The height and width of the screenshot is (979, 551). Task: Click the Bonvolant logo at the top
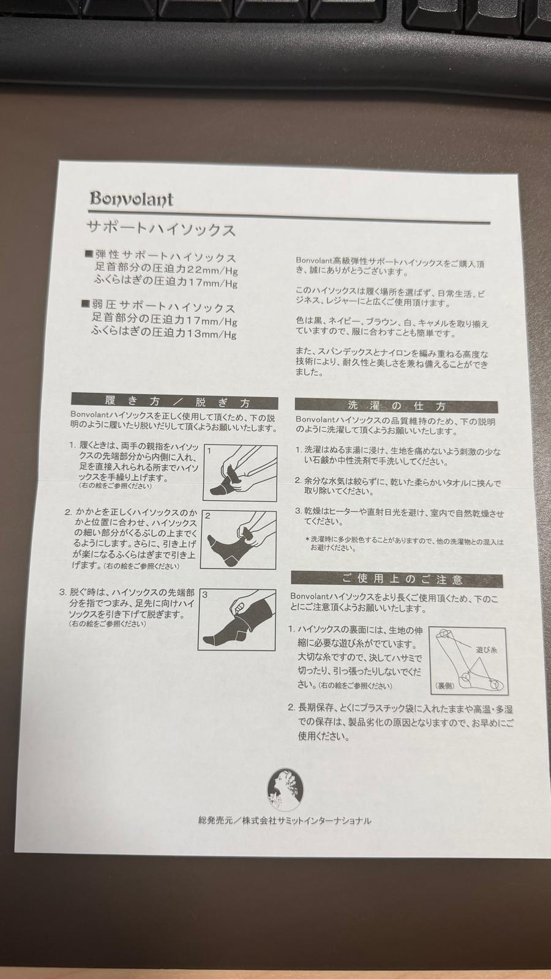coord(132,198)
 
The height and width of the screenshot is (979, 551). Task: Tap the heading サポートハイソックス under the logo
coord(162,229)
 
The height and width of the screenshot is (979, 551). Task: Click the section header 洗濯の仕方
coord(396,406)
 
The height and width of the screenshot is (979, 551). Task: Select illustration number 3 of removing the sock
coord(237,619)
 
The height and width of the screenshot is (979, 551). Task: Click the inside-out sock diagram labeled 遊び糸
coord(468,660)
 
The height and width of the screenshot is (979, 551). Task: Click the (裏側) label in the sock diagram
coord(445,686)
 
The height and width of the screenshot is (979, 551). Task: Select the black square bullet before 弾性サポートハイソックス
coord(89,253)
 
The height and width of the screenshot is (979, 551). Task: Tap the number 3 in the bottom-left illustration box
coord(205,595)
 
